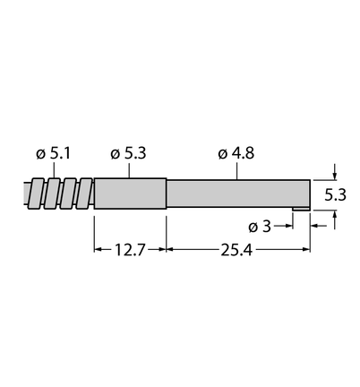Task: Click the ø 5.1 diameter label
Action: [x=53, y=154]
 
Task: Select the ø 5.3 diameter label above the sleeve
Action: [x=128, y=153]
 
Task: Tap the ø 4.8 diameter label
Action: [x=236, y=153]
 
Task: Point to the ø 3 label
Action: [x=260, y=227]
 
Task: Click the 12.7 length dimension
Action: [x=130, y=250]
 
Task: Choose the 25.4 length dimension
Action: [x=236, y=250]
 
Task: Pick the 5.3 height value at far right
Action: [x=335, y=195]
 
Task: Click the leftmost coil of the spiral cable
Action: [x=37, y=193]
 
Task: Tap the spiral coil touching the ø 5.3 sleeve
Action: [x=86, y=193]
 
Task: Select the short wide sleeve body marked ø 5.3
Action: [x=130, y=193]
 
